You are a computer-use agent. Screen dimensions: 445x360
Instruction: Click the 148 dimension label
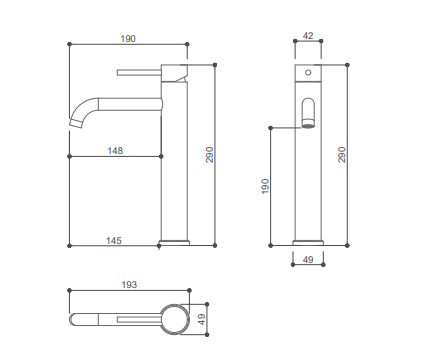coord(115,151)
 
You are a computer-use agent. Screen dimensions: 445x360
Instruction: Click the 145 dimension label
coord(114,240)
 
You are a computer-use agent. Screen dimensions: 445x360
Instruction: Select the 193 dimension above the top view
coord(129,285)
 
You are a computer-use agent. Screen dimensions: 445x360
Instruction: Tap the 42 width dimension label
coord(308,35)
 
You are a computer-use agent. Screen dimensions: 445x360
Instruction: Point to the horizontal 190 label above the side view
coord(128,39)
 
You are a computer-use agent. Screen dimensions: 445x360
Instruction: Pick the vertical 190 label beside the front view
coord(265,186)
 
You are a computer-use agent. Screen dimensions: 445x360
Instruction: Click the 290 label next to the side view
coord(342,155)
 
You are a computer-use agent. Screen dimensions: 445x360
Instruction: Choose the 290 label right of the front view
coord(209,155)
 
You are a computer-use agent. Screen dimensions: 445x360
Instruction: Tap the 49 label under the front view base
coord(308,259)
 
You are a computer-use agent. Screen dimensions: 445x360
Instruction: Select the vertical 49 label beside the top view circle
coord(202,319)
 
